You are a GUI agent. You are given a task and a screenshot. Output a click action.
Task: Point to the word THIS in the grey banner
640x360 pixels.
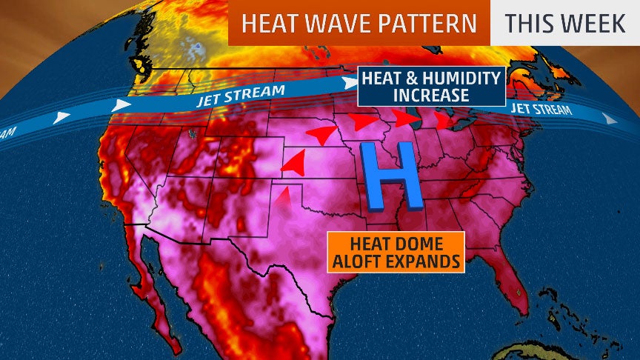pyautogui.click(x=529, y=23)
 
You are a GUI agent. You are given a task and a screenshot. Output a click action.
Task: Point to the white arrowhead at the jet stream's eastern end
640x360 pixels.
pyautogui.click(x=608, y=119)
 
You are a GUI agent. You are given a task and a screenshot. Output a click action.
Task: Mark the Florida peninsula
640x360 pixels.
pyautogui.click(x=511, y=285)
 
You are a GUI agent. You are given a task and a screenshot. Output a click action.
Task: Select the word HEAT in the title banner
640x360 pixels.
pyautogui.click(x=267, y=23)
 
